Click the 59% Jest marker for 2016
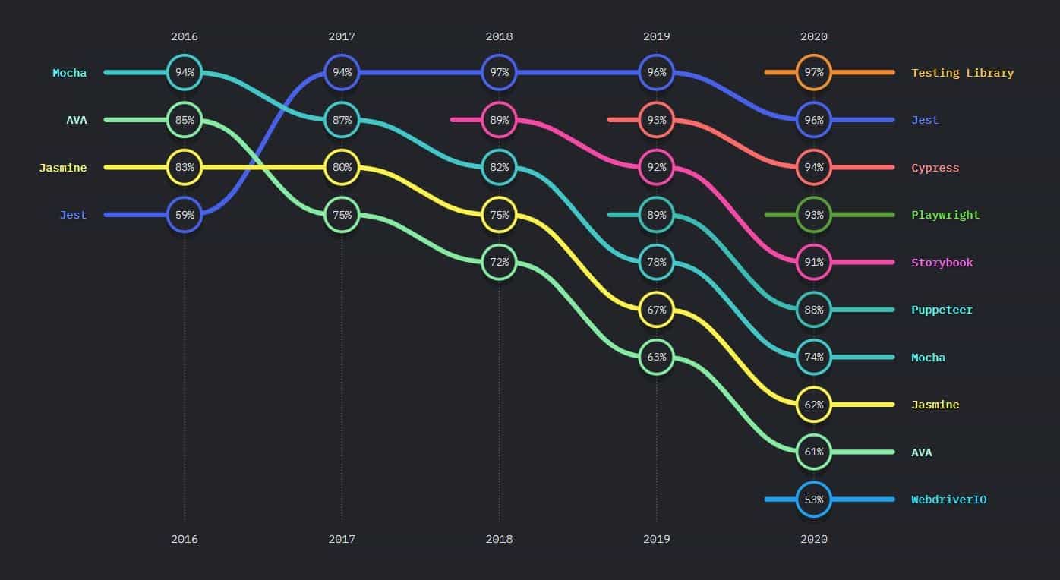point(185,215)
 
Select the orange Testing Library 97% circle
point(814,73)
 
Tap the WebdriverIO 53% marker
point(814,500)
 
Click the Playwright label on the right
point(945,215)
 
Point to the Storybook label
point(942,263)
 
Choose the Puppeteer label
point(942,310)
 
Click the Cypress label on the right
point(935,168)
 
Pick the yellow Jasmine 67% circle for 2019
point(657,310)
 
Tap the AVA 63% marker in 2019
point(657,357)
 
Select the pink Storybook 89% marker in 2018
point(499,120)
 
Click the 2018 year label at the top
point(499,36)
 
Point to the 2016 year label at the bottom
point(185,539)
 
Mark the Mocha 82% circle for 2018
point(499,168)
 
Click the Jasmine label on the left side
point(63,168)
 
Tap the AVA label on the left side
point(76,120)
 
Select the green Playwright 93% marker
point(814,215)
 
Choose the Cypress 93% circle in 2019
point(657,120)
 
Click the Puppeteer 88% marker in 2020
point(814,310)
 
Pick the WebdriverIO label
point(948,500)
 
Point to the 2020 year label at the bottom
point(814,539)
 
